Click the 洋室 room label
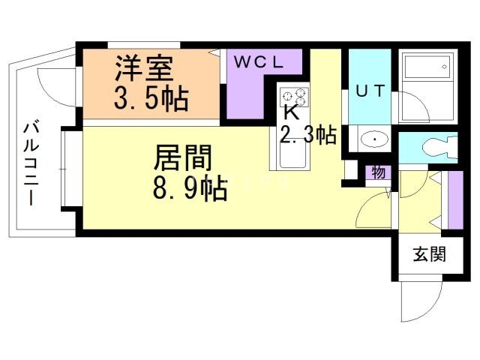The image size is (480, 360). tap(144, 68)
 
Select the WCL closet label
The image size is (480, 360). tap(259, 62)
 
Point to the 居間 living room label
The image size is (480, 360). tap(183, 158)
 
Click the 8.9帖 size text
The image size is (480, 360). tap(190, 187)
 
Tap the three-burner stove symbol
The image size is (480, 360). tap(295, 97)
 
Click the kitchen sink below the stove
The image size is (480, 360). tap(292, 154)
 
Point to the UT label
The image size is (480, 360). tap(370, 91)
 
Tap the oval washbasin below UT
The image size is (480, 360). tap(373, 139)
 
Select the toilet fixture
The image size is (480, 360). tap(440, 147)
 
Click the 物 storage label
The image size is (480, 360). tap(378, 172)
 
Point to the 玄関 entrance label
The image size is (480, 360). tap(430, 253)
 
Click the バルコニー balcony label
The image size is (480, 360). tap(31, 164)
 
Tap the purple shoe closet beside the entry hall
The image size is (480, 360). tap(455, 200)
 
